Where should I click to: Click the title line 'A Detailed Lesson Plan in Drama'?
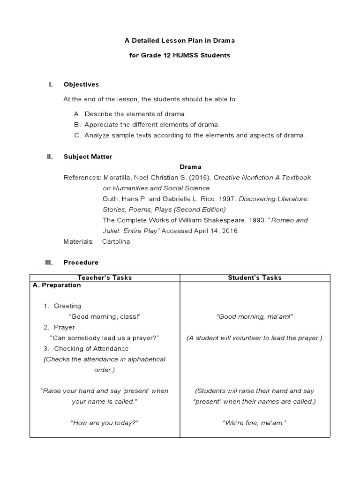pos(180,41)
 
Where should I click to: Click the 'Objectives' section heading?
pos(81,84)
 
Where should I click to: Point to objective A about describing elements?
pos(130,114)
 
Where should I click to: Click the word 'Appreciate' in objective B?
pos(100,125)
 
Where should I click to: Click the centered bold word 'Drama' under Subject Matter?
pos(190,167)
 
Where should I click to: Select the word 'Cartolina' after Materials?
pos(116,241)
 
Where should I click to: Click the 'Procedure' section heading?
pos(81,262)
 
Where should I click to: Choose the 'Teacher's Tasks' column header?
pos(105,277)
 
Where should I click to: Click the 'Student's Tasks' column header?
pos(255,277)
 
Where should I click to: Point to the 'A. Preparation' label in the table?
pos(57,285)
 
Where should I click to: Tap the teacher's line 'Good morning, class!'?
pos(105,316)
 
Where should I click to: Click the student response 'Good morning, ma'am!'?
pos(255,316)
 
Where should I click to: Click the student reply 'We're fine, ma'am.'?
pos(255,422)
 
